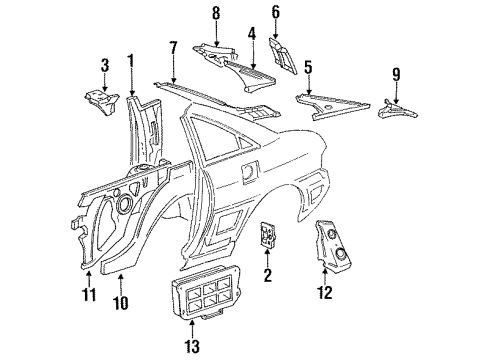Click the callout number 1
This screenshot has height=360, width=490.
[x=130, y=59]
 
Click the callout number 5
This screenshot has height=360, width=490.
[x=309, y=69]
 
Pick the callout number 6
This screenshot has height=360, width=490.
[x=276, y=13]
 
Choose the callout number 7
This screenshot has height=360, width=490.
[x=173, y=46]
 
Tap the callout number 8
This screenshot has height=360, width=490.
[x=214, y=12]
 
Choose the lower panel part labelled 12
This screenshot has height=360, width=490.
[x=335, y=246]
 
